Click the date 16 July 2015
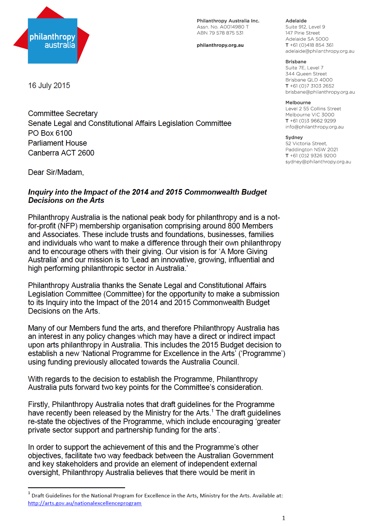(x=49, y=85)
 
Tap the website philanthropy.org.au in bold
(x=220, y=45)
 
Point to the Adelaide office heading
(x=296, y=21)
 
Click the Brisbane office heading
(x=296, y=61)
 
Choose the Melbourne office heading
(x=298, y=103)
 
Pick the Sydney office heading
(x=294, y=137)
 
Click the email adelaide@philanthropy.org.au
(x=320, y=51)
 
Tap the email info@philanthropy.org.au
(x=314, y=127)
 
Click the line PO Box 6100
(x=50, y=133)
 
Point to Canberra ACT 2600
(x=61, y=153)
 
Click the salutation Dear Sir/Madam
(x=56, y=172)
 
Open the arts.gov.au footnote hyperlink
(x=85, y=503)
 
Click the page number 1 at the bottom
(x=283, y=518)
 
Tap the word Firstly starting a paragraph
(x=39, y=404)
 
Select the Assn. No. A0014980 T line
(x=222, y=27)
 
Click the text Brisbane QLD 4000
(x=309, y=80)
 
